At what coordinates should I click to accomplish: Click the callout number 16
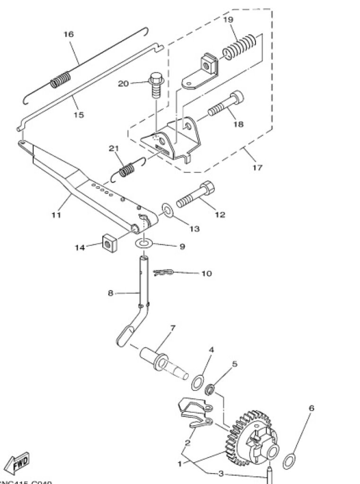[x=69, y=34]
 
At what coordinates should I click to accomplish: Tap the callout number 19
[x=228, y=19]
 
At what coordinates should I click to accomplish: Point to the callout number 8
[x=110, y=293]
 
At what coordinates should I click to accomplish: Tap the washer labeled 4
[x=198, y=382]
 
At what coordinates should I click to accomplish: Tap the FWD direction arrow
[x=19, y=461]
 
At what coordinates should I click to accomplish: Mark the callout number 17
[x=257, y=167]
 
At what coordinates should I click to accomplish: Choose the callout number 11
[x=56, y=215]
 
